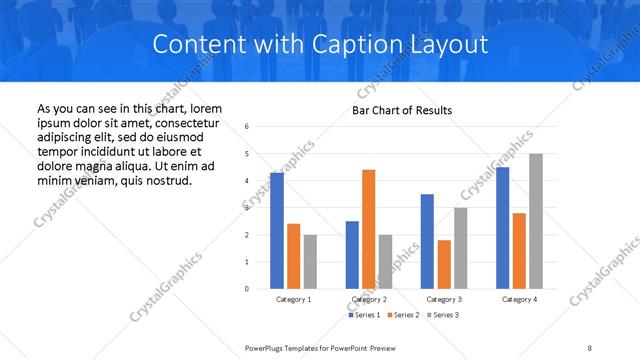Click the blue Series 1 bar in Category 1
[276, 231]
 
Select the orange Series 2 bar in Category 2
[368, 229]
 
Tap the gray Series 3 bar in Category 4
[536, 221]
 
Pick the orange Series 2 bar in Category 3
[444, 264]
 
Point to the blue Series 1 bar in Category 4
[502, 228]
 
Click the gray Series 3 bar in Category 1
[310, 262]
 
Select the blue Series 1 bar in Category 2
[352, 255]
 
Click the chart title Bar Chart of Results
[402, 110]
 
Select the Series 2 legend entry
[404, 315]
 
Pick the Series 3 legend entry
[445, 315]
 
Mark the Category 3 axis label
[444, 299]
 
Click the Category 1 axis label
[293, 299]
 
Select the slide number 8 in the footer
[590, 347]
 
